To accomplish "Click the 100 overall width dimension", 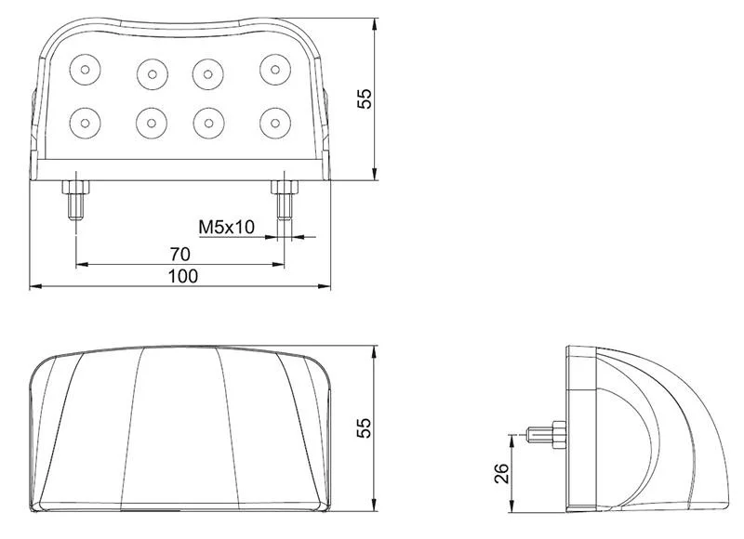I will [182, 275].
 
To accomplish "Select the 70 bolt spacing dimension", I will [180, 253].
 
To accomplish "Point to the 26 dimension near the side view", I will [499, 474].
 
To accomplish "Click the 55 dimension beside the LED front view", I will [365, 97].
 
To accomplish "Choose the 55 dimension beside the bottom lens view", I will [365, 427].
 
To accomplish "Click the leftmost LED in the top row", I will [85, 67].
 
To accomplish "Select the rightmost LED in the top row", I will [273, 67].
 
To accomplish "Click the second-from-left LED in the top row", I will [150, 70].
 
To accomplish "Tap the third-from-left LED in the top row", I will [206, 70].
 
